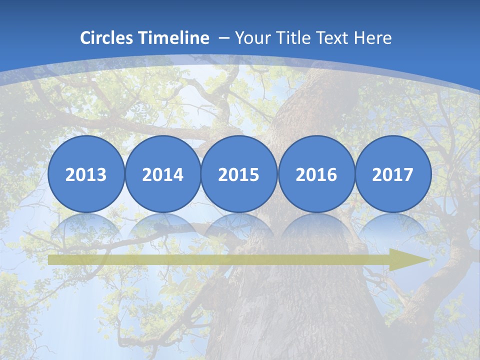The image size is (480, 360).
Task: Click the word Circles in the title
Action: point(107,38)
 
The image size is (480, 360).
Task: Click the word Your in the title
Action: point(250,38)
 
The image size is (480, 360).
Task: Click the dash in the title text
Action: point(223,38)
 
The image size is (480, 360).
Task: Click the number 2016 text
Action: point(316,175)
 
